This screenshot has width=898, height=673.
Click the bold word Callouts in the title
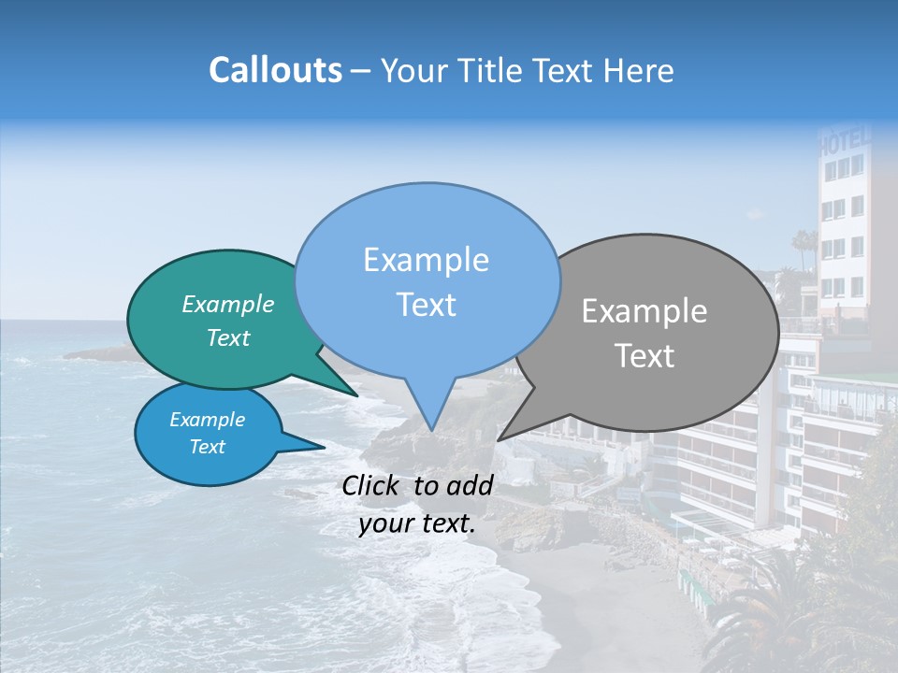click(x=275, y=70)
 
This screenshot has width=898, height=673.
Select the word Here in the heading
click(x=639, y=70)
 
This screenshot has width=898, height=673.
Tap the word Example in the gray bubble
click(x=645, y=311)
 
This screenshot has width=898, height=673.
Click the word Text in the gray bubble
click(x=645, y=356)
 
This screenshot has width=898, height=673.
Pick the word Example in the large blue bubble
click(x=426, y=260)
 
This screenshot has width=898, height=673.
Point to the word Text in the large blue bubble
click(x=426, y=305)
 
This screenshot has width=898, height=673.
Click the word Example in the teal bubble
click(x=227, y=305)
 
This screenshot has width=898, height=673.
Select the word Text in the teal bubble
click(x=227, y=337)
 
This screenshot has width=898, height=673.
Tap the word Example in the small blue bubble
click(x=207, y=420)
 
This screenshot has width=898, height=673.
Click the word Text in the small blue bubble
click(x=207, y=447)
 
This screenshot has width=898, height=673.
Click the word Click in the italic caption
click(x=372, y=485)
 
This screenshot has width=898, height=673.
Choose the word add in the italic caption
click(x=469, y=485)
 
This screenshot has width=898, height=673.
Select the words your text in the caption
click(x=416, y=524)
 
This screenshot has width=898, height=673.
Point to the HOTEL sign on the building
click(x=845, y=143)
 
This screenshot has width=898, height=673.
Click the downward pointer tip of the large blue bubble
click(x=431, y=431)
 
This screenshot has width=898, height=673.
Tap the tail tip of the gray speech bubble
click(x=498, y=440)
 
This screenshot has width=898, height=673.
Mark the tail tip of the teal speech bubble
click(x=358, y=396)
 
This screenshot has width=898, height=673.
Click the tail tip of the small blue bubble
click(x=325, y=447)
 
